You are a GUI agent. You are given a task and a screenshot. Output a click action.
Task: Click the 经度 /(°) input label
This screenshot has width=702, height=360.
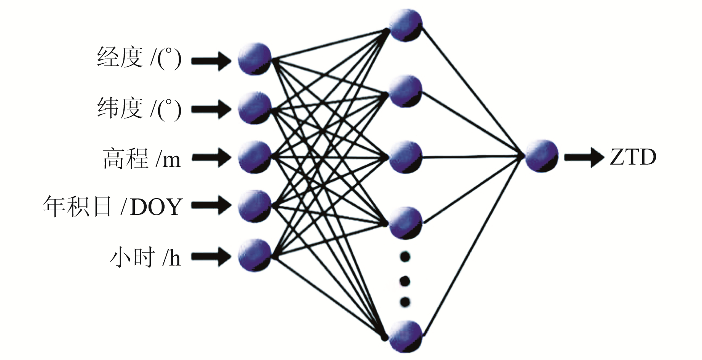(139, 58)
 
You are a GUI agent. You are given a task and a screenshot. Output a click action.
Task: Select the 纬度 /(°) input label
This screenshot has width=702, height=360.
(139, 109)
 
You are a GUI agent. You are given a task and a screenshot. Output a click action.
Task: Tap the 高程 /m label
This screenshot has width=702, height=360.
(142, 158)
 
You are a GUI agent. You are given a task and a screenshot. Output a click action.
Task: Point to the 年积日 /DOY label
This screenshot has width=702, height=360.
(112, 207)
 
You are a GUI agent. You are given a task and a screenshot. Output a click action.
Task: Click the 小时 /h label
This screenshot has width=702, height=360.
(145, 257)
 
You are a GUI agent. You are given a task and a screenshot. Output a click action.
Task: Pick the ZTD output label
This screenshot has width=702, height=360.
(633, 157)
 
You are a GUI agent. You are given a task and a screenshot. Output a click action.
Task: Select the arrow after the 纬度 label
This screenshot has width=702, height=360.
(211, 109)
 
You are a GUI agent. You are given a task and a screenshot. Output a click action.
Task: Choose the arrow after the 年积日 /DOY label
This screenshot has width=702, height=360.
(211, 206)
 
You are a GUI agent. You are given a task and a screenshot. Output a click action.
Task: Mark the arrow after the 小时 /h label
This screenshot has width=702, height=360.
(211, 256)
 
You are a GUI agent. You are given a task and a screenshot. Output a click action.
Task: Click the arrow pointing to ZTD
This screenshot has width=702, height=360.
(584, 157)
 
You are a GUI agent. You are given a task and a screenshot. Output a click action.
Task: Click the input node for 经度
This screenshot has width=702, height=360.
(254, 59)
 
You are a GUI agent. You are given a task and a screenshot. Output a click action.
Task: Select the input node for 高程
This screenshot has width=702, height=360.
(254, 157)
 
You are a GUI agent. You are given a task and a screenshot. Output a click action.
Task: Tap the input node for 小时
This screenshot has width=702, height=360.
(254, 255)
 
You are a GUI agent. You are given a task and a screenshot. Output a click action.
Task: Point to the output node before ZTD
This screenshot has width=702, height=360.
(541, 156)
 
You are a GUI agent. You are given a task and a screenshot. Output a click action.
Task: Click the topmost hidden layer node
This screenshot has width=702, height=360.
(405, 25)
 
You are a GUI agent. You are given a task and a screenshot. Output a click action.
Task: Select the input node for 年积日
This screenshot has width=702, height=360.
(254, 206)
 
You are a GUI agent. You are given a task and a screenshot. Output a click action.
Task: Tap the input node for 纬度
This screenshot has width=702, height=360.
(254, 108)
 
